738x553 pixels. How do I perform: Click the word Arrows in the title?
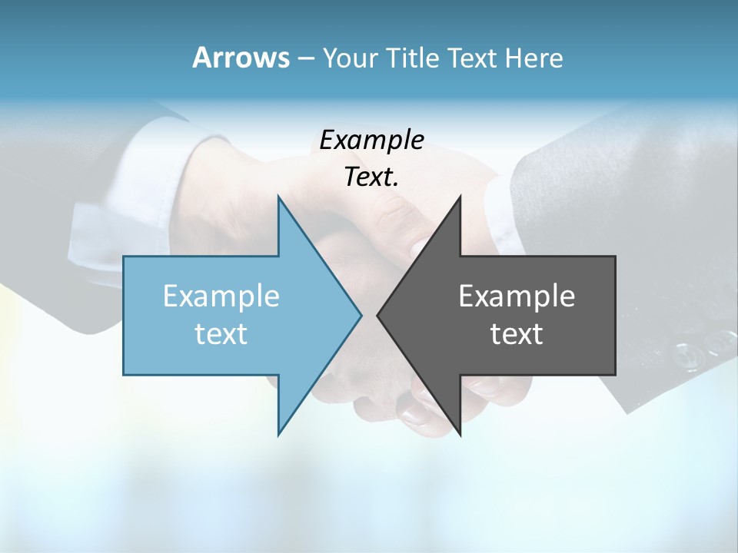pyautogui.click(x=241, y=58)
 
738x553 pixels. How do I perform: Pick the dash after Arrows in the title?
pyautogui.click(x=305, y=59)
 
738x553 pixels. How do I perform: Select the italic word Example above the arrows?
pyautogui.click(x=371, y=140)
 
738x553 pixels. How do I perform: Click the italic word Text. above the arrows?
pyautogui.click(x=370, y=177)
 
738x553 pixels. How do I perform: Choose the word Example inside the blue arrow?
pyautogui.click(x=221, y=296)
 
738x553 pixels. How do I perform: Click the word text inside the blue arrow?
pyautogui.click(x=221, y=333)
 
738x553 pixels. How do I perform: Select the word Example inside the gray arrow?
pyautogui.click(x=517, y=296)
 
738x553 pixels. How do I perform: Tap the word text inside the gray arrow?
pyautogui.click(x=517, y=333)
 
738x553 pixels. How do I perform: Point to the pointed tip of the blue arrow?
pyautogui.click(x=361, y=315)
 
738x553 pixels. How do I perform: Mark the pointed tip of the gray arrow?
pyautogui.click(x=377, y=315)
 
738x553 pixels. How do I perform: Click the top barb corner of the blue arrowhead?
pyautogui.click(x=278, y=197)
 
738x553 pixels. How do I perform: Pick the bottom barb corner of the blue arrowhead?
pyautogui.click(x=278, y=435)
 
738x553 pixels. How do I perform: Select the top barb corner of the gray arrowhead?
pyautogui.click(x=460, y=197)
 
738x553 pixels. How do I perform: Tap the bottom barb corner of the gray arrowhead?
pyautogui.click(x=460, y=435)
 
